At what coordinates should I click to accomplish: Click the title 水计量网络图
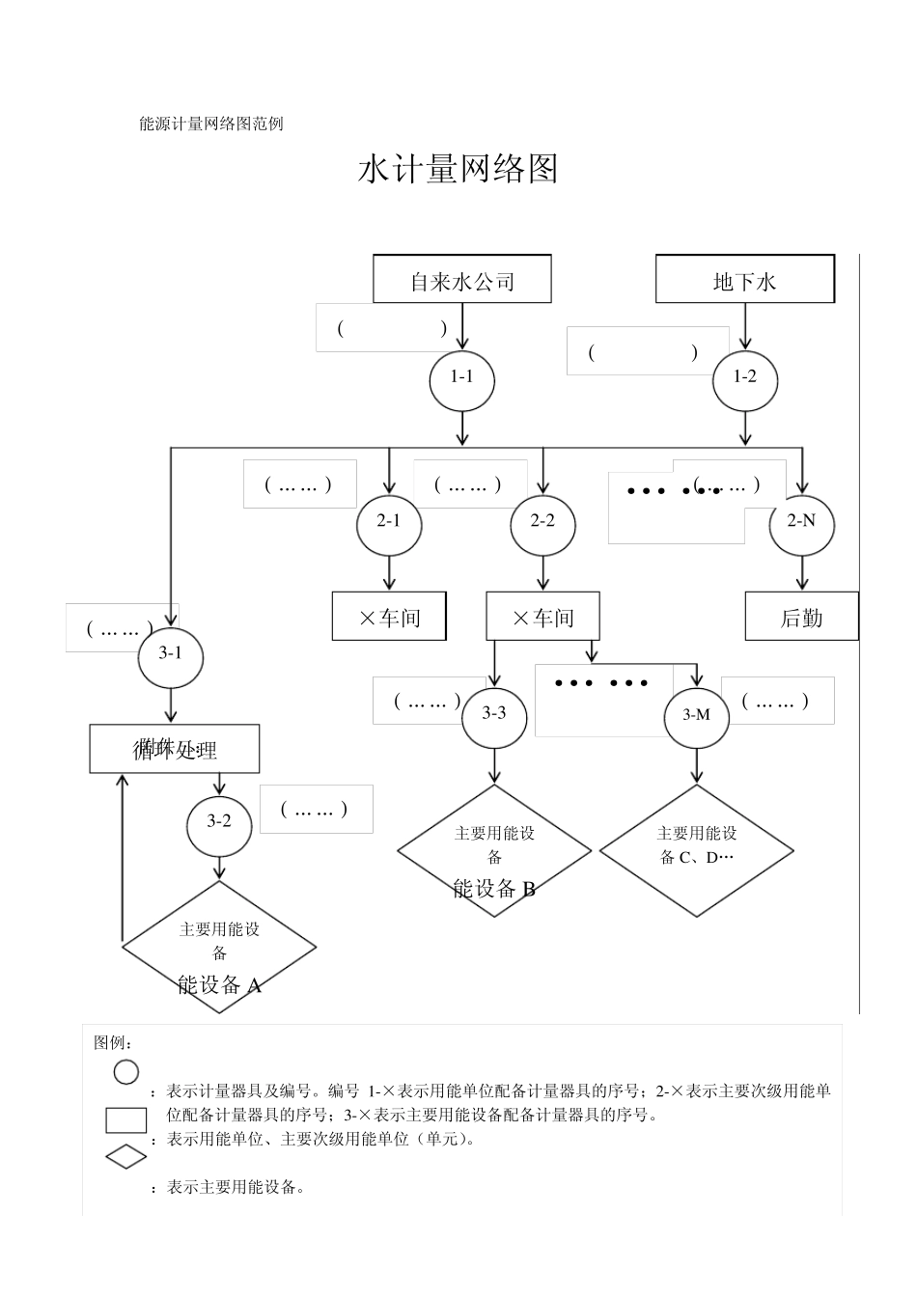(458, 170)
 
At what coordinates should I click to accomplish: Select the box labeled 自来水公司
(462, 280)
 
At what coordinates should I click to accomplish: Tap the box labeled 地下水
(744, 280)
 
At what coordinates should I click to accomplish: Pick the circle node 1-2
(744, 378)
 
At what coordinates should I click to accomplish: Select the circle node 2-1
(389, 522)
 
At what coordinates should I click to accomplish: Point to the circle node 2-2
(543, 522)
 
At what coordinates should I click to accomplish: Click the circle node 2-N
(802, 522)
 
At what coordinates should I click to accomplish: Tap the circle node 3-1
(171, 654)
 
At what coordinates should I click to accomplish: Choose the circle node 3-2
(219, 822)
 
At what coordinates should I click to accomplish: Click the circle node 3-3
(494, 714)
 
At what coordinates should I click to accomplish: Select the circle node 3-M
(697, 715)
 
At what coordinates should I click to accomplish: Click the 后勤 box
(801, 617)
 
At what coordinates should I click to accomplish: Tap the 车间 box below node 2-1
(389, 617)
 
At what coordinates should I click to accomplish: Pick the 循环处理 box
(175, 749)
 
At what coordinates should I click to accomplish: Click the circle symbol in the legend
(126, 1072)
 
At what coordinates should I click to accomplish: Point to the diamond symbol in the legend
(126, 1156)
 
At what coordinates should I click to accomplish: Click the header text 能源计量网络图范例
(211, 124)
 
